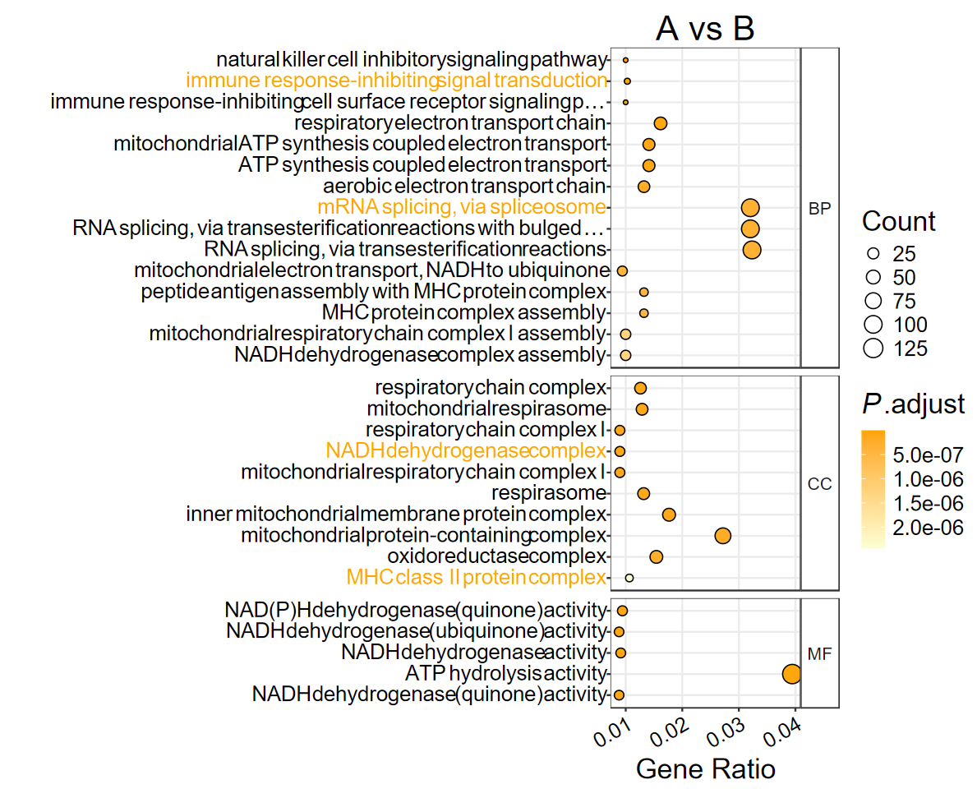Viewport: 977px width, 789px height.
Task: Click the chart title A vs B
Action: coord(705,29)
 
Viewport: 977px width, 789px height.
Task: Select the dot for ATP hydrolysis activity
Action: coord(791,674)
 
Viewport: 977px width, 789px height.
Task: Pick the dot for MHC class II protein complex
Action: coord(629,578)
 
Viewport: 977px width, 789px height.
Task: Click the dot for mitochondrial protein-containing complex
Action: coord(723,536)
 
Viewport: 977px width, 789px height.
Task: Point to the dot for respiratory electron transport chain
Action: coord(660,123)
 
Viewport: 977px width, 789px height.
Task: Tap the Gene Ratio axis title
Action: coord(706,769)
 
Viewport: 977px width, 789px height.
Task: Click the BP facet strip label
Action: coord(819,209)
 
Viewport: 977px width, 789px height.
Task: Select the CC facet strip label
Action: coord(819,484)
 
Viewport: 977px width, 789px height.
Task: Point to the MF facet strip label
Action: coord(819,653)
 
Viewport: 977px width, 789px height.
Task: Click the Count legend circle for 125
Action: coord(873,348)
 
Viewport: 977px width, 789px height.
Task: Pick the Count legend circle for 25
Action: coord(873,253)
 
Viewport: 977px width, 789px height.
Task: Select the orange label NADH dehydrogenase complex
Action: coord(466,451)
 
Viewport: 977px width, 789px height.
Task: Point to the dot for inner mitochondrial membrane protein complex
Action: coord(669,514)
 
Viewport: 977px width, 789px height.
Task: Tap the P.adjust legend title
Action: coord(912,404)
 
